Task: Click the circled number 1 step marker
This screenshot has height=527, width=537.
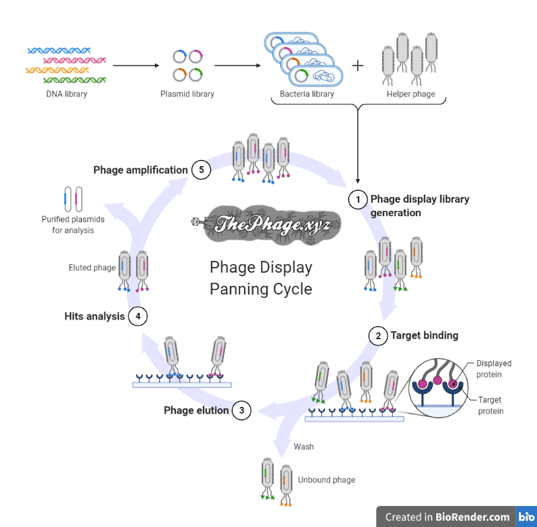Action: click(357, 199)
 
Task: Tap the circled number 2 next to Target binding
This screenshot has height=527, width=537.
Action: click(378, 335)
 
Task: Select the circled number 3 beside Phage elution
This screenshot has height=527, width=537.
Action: click(241, 410)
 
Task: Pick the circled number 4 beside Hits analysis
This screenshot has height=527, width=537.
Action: click(137, 316)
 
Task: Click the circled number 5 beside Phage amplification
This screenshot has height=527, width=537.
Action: click(201, 170)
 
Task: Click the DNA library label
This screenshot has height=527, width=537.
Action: click(66, 94)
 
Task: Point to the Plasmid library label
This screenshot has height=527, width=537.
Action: click(187, 94)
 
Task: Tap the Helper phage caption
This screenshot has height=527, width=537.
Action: click(411, 94)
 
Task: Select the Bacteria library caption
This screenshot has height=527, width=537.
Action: click(307, 94)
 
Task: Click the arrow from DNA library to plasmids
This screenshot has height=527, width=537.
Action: click(135, 66)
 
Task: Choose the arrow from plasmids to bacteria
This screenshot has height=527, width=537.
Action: click(237, 66)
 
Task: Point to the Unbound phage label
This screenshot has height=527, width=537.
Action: click(326, 480)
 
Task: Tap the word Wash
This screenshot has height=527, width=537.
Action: click(304, 447)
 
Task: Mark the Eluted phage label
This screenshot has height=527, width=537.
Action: click(92, 268)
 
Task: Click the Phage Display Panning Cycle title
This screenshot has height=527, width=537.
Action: click(261, 278)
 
